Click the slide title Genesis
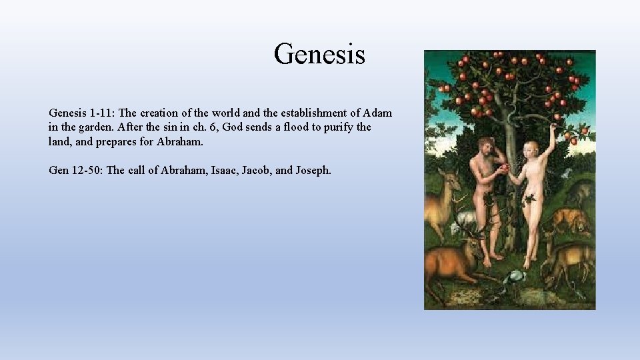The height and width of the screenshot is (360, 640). point(319,53)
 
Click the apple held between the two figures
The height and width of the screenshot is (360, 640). point(505,167)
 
